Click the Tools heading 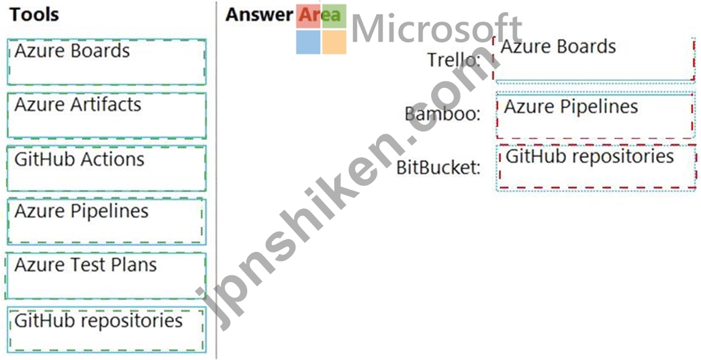coord(34,14)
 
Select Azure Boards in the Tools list coord(106,62)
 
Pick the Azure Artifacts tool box coord(106,116)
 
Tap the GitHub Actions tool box coord(106,168)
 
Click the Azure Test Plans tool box coord(105,275)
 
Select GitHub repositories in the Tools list coord(106,330)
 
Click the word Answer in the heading coord(259,14)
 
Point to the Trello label coord(454,60)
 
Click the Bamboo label coord(442,114)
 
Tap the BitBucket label coord(438,167)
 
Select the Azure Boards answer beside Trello coord(595,60)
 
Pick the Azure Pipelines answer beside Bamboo coord(595,116)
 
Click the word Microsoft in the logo coord(437,29)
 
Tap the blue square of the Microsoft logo coord(308,42)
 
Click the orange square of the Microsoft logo coord(334,42)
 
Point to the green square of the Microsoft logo coord(334,17)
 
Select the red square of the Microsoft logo coord(308,17)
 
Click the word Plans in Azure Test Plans coord(134,265)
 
